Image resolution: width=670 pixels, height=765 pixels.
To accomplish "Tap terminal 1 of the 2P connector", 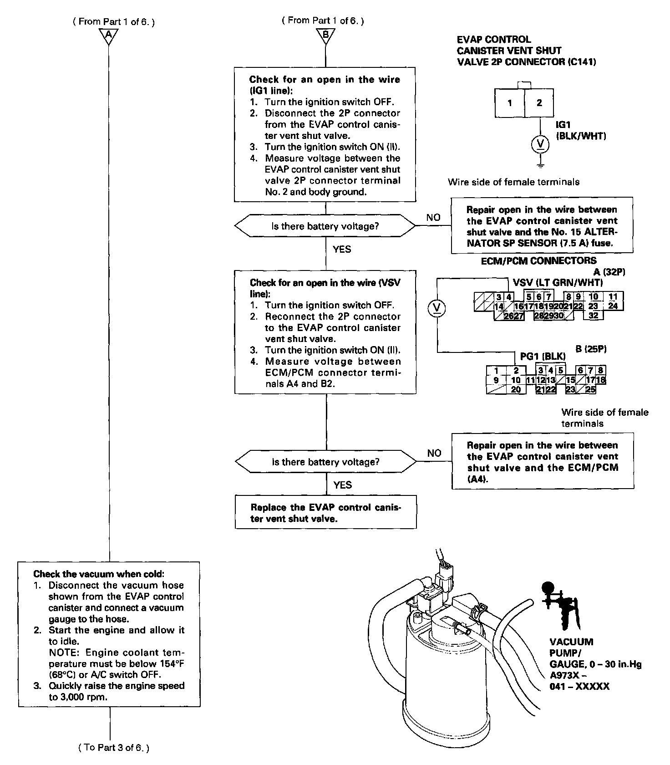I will point(510,103).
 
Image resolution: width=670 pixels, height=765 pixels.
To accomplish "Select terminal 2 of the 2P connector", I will point(539,103).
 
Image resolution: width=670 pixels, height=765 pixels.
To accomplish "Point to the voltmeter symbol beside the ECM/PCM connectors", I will point(437,308).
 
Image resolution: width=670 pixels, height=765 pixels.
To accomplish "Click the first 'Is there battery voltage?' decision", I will point(325,226).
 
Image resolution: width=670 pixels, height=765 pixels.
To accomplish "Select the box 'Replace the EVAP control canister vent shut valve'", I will point(325,513).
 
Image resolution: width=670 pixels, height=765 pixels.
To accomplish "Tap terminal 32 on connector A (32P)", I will point(593,315).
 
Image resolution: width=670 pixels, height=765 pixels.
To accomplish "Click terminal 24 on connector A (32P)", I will point(613,306).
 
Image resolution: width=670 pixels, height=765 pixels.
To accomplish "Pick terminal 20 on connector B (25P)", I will point(516,389).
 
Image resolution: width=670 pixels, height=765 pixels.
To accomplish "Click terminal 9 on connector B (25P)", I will point(496,380).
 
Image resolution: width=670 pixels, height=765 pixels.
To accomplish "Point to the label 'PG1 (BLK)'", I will point(543,356).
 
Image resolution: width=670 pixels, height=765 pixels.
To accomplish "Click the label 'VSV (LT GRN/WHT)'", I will point(558,282).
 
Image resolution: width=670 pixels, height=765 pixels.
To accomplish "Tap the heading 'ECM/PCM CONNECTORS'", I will point(538,261).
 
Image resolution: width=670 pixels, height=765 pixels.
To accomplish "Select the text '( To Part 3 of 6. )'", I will point(114,747).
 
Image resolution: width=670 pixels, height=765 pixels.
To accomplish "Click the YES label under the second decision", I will point(342,485).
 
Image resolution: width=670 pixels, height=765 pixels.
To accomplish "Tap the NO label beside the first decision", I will point(433,218).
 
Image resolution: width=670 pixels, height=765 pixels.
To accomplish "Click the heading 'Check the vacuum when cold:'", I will point(99,574).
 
